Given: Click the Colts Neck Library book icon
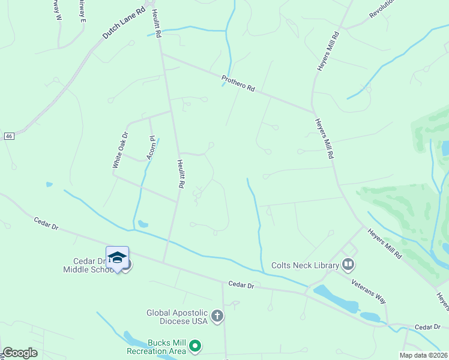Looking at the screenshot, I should click(348, 264).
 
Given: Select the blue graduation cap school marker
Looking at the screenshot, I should click(118, 257).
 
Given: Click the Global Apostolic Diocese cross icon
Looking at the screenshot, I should click(217, 316).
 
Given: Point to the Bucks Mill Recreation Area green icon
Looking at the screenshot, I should click(194, 346).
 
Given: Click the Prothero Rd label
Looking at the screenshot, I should click(238, 83).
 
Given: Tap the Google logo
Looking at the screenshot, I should click(20, 353).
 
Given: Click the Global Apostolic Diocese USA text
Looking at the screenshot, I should click(177, 316).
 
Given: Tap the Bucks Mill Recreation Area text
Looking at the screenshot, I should click(155, 346).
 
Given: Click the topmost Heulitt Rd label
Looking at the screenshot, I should click(157, 24).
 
